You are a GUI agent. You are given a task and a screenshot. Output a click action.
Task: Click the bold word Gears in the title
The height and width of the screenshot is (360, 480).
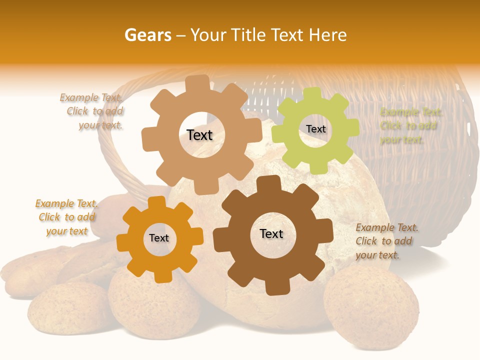point(147,35)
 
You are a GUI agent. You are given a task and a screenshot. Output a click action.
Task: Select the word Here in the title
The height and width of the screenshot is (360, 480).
point(327,35)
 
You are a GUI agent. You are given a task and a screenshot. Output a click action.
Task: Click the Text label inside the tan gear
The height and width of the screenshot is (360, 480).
point(199,135)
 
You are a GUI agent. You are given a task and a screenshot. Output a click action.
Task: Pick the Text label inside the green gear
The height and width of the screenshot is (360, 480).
point(315,129)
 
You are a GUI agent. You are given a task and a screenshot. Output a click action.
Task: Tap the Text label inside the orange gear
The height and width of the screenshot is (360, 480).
point(159,238)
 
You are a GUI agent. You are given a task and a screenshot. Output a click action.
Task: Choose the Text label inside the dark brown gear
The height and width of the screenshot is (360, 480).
point(271,233)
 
